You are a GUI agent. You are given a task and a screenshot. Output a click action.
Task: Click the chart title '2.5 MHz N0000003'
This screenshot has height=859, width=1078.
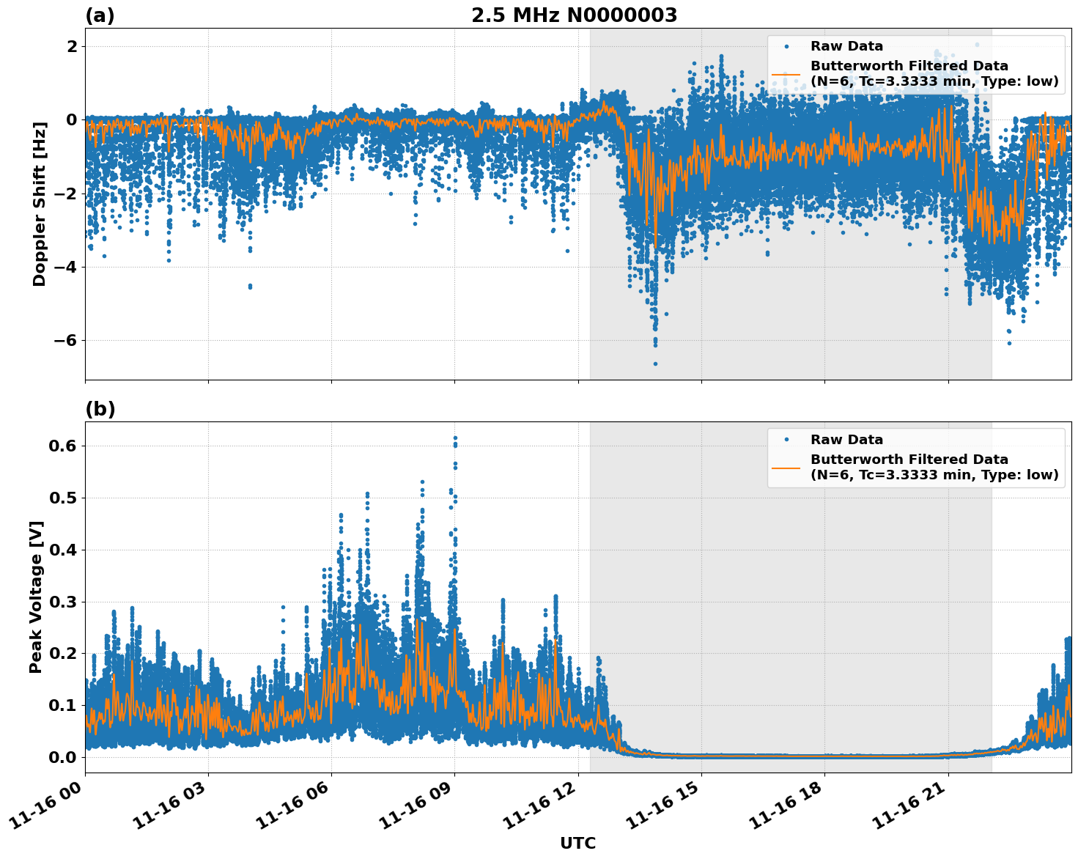coord(574,15)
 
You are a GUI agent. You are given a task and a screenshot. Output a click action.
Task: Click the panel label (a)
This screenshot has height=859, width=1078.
coord(100,15)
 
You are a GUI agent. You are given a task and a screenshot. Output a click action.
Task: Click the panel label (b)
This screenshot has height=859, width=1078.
coord(100,409)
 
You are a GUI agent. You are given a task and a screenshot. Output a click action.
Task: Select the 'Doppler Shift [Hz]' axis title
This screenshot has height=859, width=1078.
coord(40,204)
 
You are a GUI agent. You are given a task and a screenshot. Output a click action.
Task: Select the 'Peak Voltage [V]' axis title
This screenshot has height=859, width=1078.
coord(36,597)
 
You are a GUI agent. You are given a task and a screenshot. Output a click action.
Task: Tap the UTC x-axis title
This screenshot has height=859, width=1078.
coord(577,843)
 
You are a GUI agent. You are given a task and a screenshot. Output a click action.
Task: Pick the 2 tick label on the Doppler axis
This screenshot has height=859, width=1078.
coord(72,46)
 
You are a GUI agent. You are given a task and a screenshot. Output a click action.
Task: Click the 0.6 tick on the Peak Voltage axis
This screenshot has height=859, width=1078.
coord(62,446)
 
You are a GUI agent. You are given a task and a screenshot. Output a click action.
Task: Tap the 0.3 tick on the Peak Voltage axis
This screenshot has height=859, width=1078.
coord(62,602)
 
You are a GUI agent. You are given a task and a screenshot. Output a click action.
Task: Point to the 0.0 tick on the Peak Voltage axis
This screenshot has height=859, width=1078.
coord(62,757)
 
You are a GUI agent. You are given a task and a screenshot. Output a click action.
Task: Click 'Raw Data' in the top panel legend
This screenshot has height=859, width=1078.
coord(846,46)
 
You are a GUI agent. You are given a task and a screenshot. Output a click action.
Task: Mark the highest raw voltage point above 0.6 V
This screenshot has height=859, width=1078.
coord(455,438)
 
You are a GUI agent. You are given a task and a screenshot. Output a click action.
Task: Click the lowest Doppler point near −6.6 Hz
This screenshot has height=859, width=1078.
coord(655,364)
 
